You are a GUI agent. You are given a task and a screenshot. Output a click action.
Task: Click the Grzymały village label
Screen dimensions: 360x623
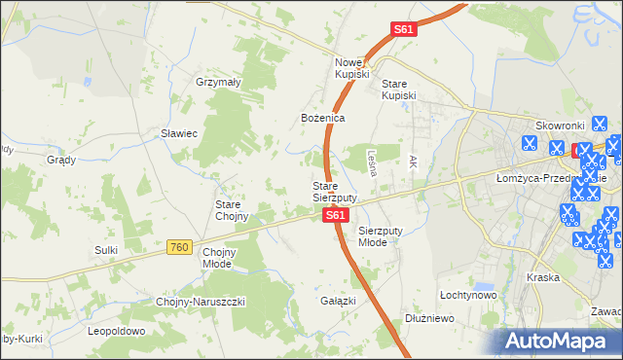(x=218, y=83)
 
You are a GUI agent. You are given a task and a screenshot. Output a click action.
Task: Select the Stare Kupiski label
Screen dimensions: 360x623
(x=398, y=90)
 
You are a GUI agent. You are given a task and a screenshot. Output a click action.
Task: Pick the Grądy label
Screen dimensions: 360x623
(x=61, y=159)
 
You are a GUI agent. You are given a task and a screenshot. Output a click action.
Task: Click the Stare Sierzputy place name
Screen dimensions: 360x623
(x=335, y=191)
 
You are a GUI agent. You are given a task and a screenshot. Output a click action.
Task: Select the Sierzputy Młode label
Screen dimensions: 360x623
(x=386, y=236)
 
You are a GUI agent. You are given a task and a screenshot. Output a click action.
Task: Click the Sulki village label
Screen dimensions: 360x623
(x=106, y=250)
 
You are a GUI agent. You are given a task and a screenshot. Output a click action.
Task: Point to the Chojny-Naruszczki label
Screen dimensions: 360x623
(x=202, y=302)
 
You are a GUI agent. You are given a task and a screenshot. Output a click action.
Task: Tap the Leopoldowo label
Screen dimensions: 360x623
(x=116, y=331)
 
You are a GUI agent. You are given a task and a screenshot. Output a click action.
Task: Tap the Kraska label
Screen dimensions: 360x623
(x=542, y=277)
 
